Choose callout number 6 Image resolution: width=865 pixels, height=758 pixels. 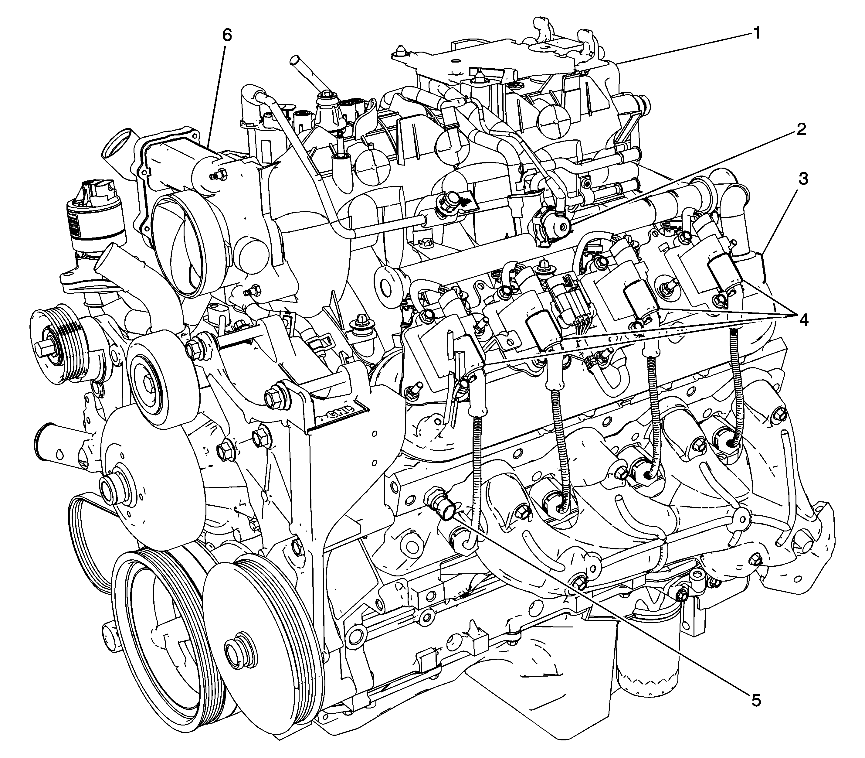pyautogui.click(x=227, y=36)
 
